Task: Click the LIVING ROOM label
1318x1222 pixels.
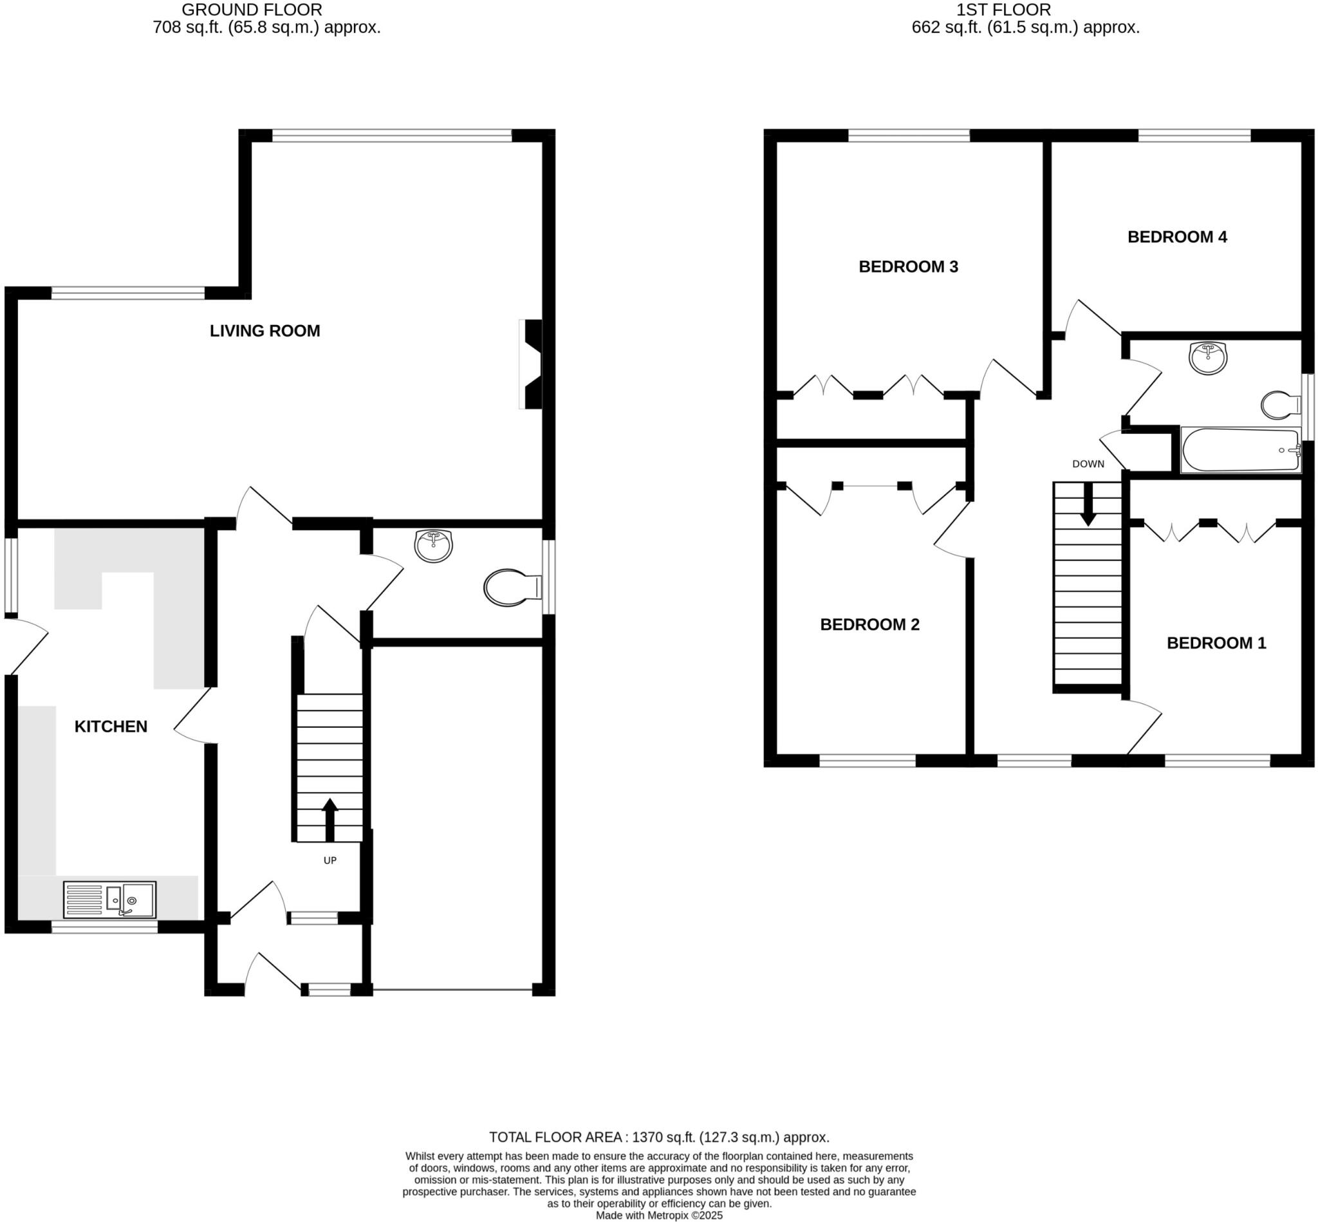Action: [x=265, y=331]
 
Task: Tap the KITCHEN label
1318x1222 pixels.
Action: [x=111, y=726]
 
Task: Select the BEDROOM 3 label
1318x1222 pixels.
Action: [x=908, y=266]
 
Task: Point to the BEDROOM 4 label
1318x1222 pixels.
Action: [x=1176, y=237]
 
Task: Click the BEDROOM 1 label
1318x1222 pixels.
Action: [x=1216, y=643]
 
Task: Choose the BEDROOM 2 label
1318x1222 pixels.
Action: [x=869, y=624]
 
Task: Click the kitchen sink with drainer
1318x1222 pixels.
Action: [x=110, y=900]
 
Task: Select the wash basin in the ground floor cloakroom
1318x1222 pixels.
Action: [x=433, y=546]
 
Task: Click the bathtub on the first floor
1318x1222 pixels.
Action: [x=1240, y=450]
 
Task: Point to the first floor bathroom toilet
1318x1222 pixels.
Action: [x=1279, y=405]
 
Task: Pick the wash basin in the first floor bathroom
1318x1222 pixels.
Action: [x=1207, y=358]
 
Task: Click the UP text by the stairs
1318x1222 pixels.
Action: [x=329, y=860]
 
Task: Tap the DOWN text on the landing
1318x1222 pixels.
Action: [x=1088, y=463]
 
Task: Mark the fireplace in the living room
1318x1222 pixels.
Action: [x=532, y=364]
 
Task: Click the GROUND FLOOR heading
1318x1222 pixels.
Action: [x=252, y=10]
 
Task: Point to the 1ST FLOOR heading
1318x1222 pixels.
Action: [x=1003, y=10]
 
